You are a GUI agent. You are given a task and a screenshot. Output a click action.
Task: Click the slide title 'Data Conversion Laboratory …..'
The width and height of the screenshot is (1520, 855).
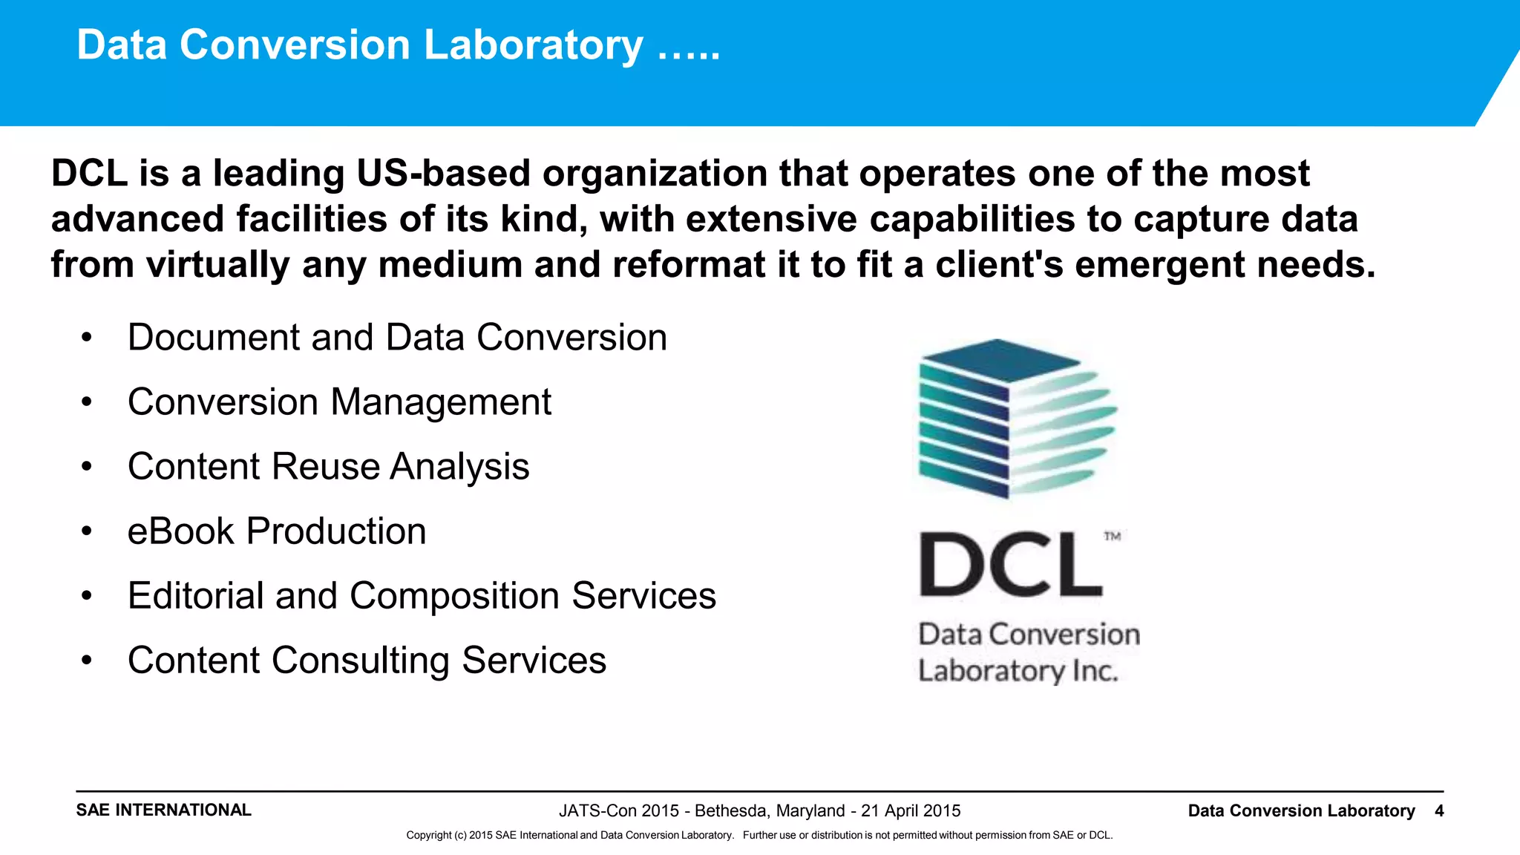point(398,45)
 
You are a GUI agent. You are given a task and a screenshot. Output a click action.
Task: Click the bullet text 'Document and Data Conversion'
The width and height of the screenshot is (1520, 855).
point(397,338)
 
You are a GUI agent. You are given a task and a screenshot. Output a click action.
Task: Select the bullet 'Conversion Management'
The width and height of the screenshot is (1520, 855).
point(339,402)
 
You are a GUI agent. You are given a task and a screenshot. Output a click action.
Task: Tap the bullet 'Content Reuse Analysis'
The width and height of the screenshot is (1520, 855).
point(328,467)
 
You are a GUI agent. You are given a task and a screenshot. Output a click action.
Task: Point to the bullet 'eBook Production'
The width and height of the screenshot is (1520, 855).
point(277,531)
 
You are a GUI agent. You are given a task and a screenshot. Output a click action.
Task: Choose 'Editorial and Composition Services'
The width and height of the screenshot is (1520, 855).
point(422,596)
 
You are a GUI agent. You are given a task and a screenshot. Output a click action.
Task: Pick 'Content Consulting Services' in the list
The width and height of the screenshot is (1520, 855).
point(367,661)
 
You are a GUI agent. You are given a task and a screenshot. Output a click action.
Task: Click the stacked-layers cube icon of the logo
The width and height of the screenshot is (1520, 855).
point(1013,419)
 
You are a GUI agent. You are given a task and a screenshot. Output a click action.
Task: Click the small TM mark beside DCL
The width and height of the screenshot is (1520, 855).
point(1112,536)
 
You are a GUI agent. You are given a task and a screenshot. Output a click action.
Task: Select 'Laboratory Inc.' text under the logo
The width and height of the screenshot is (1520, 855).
point(1018,671)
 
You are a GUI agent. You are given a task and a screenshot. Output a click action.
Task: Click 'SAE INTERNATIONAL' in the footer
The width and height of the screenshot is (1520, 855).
point(163,810)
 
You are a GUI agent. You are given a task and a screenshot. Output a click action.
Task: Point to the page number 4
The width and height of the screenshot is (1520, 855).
point(1439,811)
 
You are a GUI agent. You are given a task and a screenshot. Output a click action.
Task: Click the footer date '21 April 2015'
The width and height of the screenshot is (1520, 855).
point(911,811)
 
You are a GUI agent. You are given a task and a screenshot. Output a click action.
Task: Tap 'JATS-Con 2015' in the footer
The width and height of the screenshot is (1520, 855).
point(618,811)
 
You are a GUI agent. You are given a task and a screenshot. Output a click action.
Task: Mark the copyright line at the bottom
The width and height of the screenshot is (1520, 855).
point(759,836)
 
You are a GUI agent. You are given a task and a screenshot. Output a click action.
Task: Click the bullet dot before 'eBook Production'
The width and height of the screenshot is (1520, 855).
point(87,531)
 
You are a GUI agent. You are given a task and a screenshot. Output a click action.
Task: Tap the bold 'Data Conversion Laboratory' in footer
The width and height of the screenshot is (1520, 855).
point(1301,811)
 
